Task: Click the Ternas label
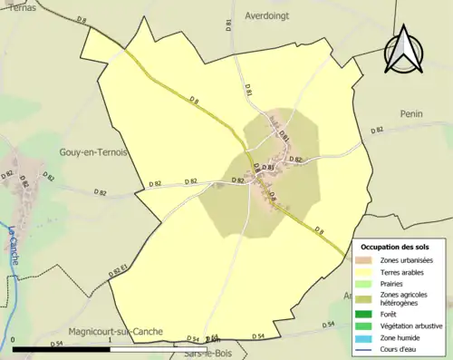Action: [17, 5]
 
